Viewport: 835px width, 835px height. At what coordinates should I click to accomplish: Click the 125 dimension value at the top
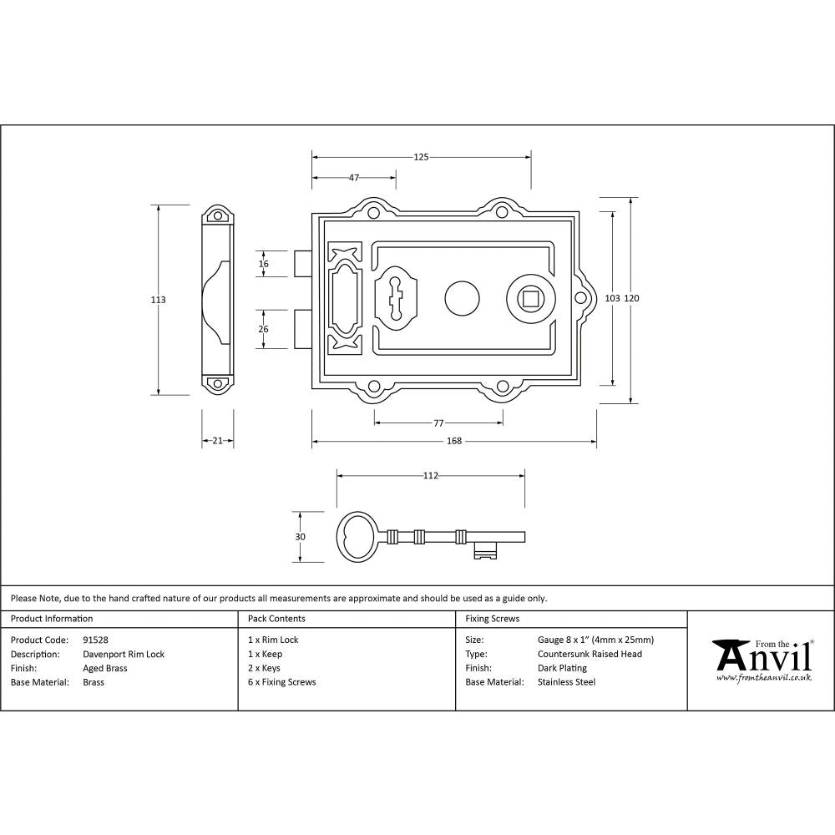[x=421, y=156]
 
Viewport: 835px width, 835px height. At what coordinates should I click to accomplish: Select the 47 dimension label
[x=353, y=177]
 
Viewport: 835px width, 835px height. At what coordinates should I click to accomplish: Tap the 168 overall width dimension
[x=454, y=441]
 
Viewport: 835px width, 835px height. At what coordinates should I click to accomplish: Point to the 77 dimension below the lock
[x=438, y=423]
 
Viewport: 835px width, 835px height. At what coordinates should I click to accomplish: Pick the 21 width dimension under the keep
[x=217, y=441]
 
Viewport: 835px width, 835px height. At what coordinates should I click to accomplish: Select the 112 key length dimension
[x=430, y=476]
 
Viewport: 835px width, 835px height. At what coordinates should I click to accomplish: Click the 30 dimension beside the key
[x=301, y=537]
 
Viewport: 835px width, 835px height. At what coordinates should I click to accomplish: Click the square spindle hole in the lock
[x=529, y=298]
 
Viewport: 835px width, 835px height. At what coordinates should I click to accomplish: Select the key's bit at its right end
[x=485, y=549]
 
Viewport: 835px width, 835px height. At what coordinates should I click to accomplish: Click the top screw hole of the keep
[x=218, y=216]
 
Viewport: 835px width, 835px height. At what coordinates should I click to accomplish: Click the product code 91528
[x=95, y=640]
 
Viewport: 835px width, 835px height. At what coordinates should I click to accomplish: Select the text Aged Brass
[x=105, y=668]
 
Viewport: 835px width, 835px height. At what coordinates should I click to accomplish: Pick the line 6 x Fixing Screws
[x=282, y=682]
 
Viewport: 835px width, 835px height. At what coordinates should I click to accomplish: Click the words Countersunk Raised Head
[x=590, y=654]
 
